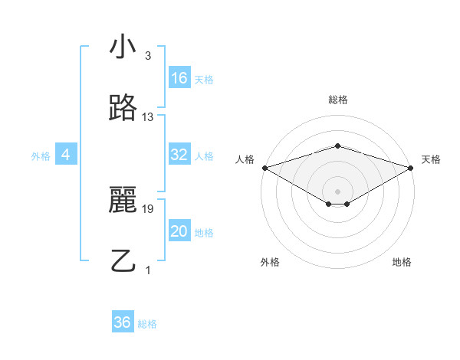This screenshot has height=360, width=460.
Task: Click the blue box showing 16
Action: pyautogui.click(x=179, y=77)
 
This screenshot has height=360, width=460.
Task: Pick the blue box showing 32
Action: pyautogui.click(x=179, y=155)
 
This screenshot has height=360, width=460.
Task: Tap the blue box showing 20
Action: pyautogui.click(x=179, y=231)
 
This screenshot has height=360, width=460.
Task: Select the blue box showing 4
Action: pyautogui.click(x=66, y=155)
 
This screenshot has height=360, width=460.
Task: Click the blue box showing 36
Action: pyautogui.click(x=123, y=322)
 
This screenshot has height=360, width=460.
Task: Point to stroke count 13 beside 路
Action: pyautogui.click(x=148, y=117)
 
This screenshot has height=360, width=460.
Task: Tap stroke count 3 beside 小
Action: pyautogui.click(x=148, y=56)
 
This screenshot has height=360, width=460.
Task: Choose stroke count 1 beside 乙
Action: pyautogui.click(x=148, y=270)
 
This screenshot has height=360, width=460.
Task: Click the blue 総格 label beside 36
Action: pyautogui.click(x=147, y=324)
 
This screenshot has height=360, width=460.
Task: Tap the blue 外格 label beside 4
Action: pyautogui.click(x=41, y=156)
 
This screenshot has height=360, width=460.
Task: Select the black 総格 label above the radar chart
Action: pyautogui.click(x=337, y=100)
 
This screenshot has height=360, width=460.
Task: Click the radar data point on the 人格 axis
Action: pyautogui.click(x=264, y=168)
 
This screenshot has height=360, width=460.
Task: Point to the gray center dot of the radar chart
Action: pyautogui.click(x=337, y=190)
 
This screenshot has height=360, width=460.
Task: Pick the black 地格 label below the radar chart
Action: pyautogui.click(x=402, y=263)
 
